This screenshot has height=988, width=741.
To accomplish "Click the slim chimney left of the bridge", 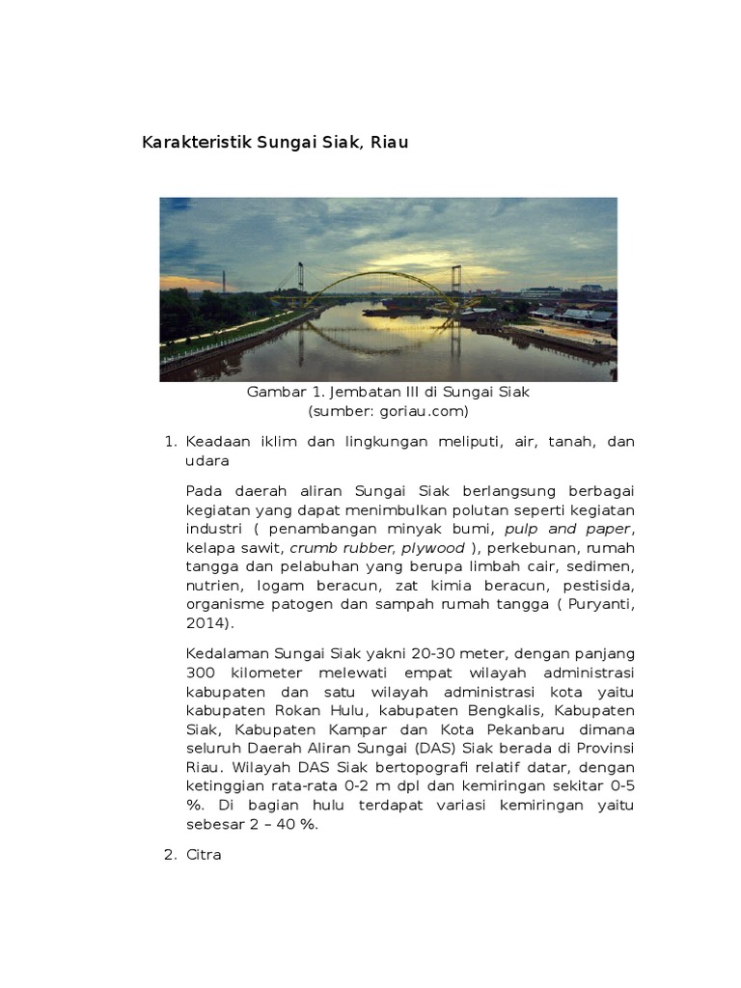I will (x=224, y=282).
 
